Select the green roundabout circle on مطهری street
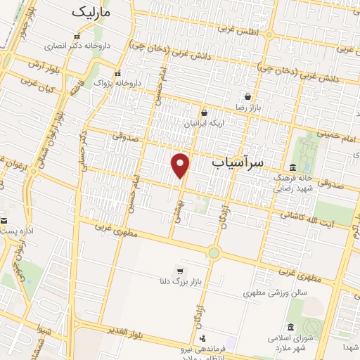(214, 252)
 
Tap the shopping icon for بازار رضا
(247, 96)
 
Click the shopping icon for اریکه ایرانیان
(204, 112)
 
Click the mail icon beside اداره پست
(4, 220)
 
